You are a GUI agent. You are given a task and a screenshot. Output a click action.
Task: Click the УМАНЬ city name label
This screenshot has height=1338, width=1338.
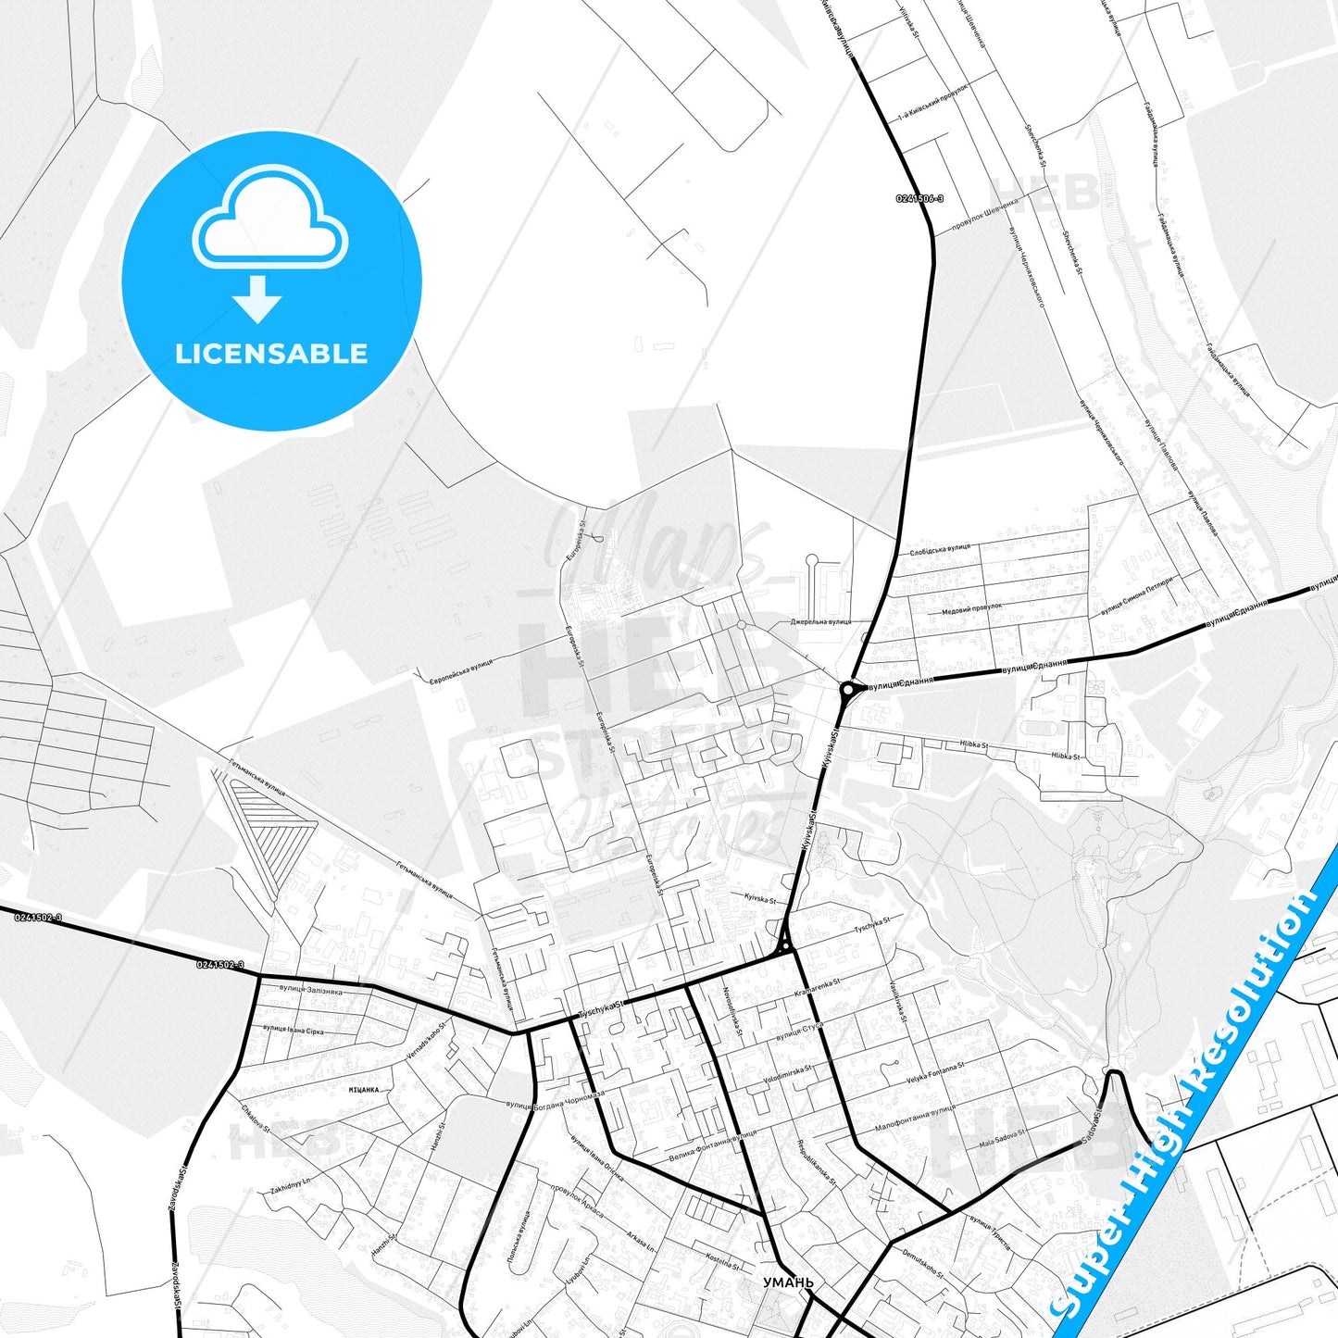click(x=788, y=1282)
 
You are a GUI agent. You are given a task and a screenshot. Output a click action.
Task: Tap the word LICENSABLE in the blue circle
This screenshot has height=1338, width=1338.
click(x=271, y=353)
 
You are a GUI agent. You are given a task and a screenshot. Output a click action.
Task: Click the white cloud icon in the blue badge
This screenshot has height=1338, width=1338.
click(x=270, y=220)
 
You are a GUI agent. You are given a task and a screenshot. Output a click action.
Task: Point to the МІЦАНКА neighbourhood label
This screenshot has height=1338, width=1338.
click(x=364, y=1090)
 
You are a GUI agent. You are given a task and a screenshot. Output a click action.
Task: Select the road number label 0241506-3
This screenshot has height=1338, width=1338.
click(x=919, y=198)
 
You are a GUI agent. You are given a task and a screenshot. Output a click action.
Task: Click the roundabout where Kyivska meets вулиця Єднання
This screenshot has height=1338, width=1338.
click(x=847, y=689)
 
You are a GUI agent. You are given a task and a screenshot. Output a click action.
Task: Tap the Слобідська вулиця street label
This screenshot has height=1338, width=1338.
click(x=940, y=549)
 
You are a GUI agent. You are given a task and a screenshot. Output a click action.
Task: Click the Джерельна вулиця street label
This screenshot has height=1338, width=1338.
click(x=819, y=621)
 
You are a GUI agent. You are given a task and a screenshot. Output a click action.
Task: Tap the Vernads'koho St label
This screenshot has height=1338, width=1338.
click(x=425, y=1041)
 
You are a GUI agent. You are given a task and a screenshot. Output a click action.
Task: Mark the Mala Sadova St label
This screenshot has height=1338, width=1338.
click(x=1002, y=1138)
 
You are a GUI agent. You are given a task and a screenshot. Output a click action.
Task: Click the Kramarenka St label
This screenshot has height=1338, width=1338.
click(x=817, y=987)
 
